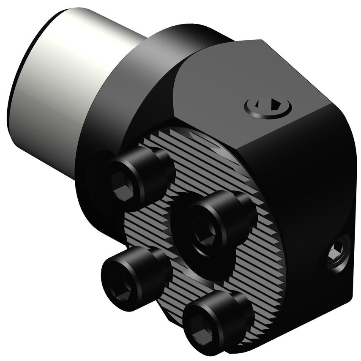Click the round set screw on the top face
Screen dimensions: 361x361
pyautogui.click(x=268, y=107)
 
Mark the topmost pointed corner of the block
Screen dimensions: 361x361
pyautogui.click(x=259, y=41)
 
